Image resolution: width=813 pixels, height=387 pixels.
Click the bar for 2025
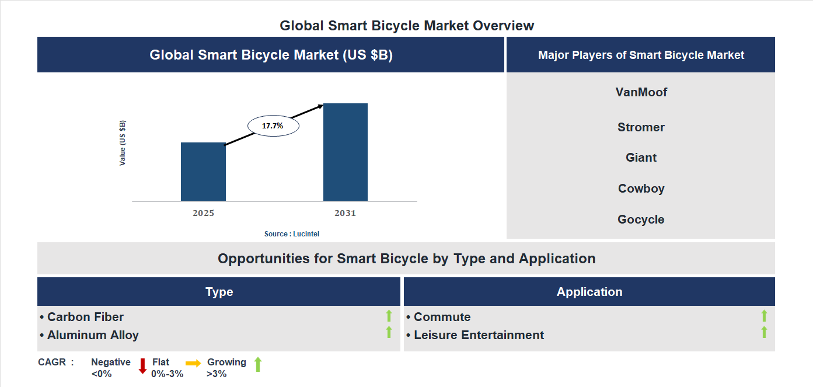click(203, 172)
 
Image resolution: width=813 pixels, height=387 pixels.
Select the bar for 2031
click(346, 152)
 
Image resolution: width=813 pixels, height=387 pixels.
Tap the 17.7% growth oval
click(273, 125)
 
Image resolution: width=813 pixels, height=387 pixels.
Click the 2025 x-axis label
click(203, 213)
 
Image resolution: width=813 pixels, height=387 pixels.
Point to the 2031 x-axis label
click(345, 213)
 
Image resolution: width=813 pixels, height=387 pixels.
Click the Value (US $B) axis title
click(123, 143)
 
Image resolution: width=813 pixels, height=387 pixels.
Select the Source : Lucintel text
click(292, 234)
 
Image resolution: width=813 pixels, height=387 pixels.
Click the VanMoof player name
click(641, 92)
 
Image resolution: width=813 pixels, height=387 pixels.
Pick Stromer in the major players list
click(641, 127)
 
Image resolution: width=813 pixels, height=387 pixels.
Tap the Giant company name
click(641, 158)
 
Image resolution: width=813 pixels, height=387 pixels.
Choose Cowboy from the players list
click(641, 189)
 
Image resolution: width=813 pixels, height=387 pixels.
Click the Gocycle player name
click(641, 219)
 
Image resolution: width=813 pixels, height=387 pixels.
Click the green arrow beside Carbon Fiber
click(389, 316)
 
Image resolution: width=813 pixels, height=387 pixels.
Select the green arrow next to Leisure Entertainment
click(764, 333)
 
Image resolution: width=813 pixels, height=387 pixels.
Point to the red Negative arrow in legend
click(142, 366)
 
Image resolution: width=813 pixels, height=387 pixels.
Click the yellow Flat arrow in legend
click(193, 363)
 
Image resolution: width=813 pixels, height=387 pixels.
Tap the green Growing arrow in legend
click(258, 365)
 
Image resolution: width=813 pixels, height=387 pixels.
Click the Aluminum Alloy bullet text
click(92, 335)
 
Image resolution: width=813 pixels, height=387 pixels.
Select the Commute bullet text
click(441, 317)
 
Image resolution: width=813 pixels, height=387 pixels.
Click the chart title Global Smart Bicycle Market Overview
click(407, 26)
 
